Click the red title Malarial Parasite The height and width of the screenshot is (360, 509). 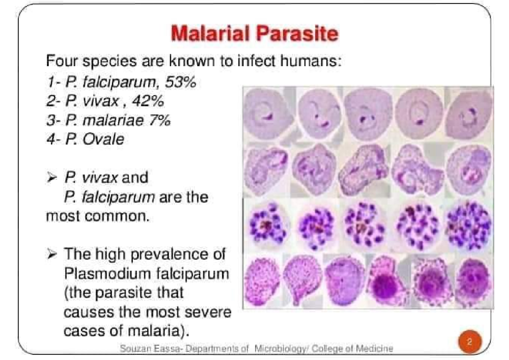(x=254, y=33)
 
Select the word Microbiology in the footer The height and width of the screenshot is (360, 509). (x=277, y=348)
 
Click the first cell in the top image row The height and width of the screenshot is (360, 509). (x=268, y=112)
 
